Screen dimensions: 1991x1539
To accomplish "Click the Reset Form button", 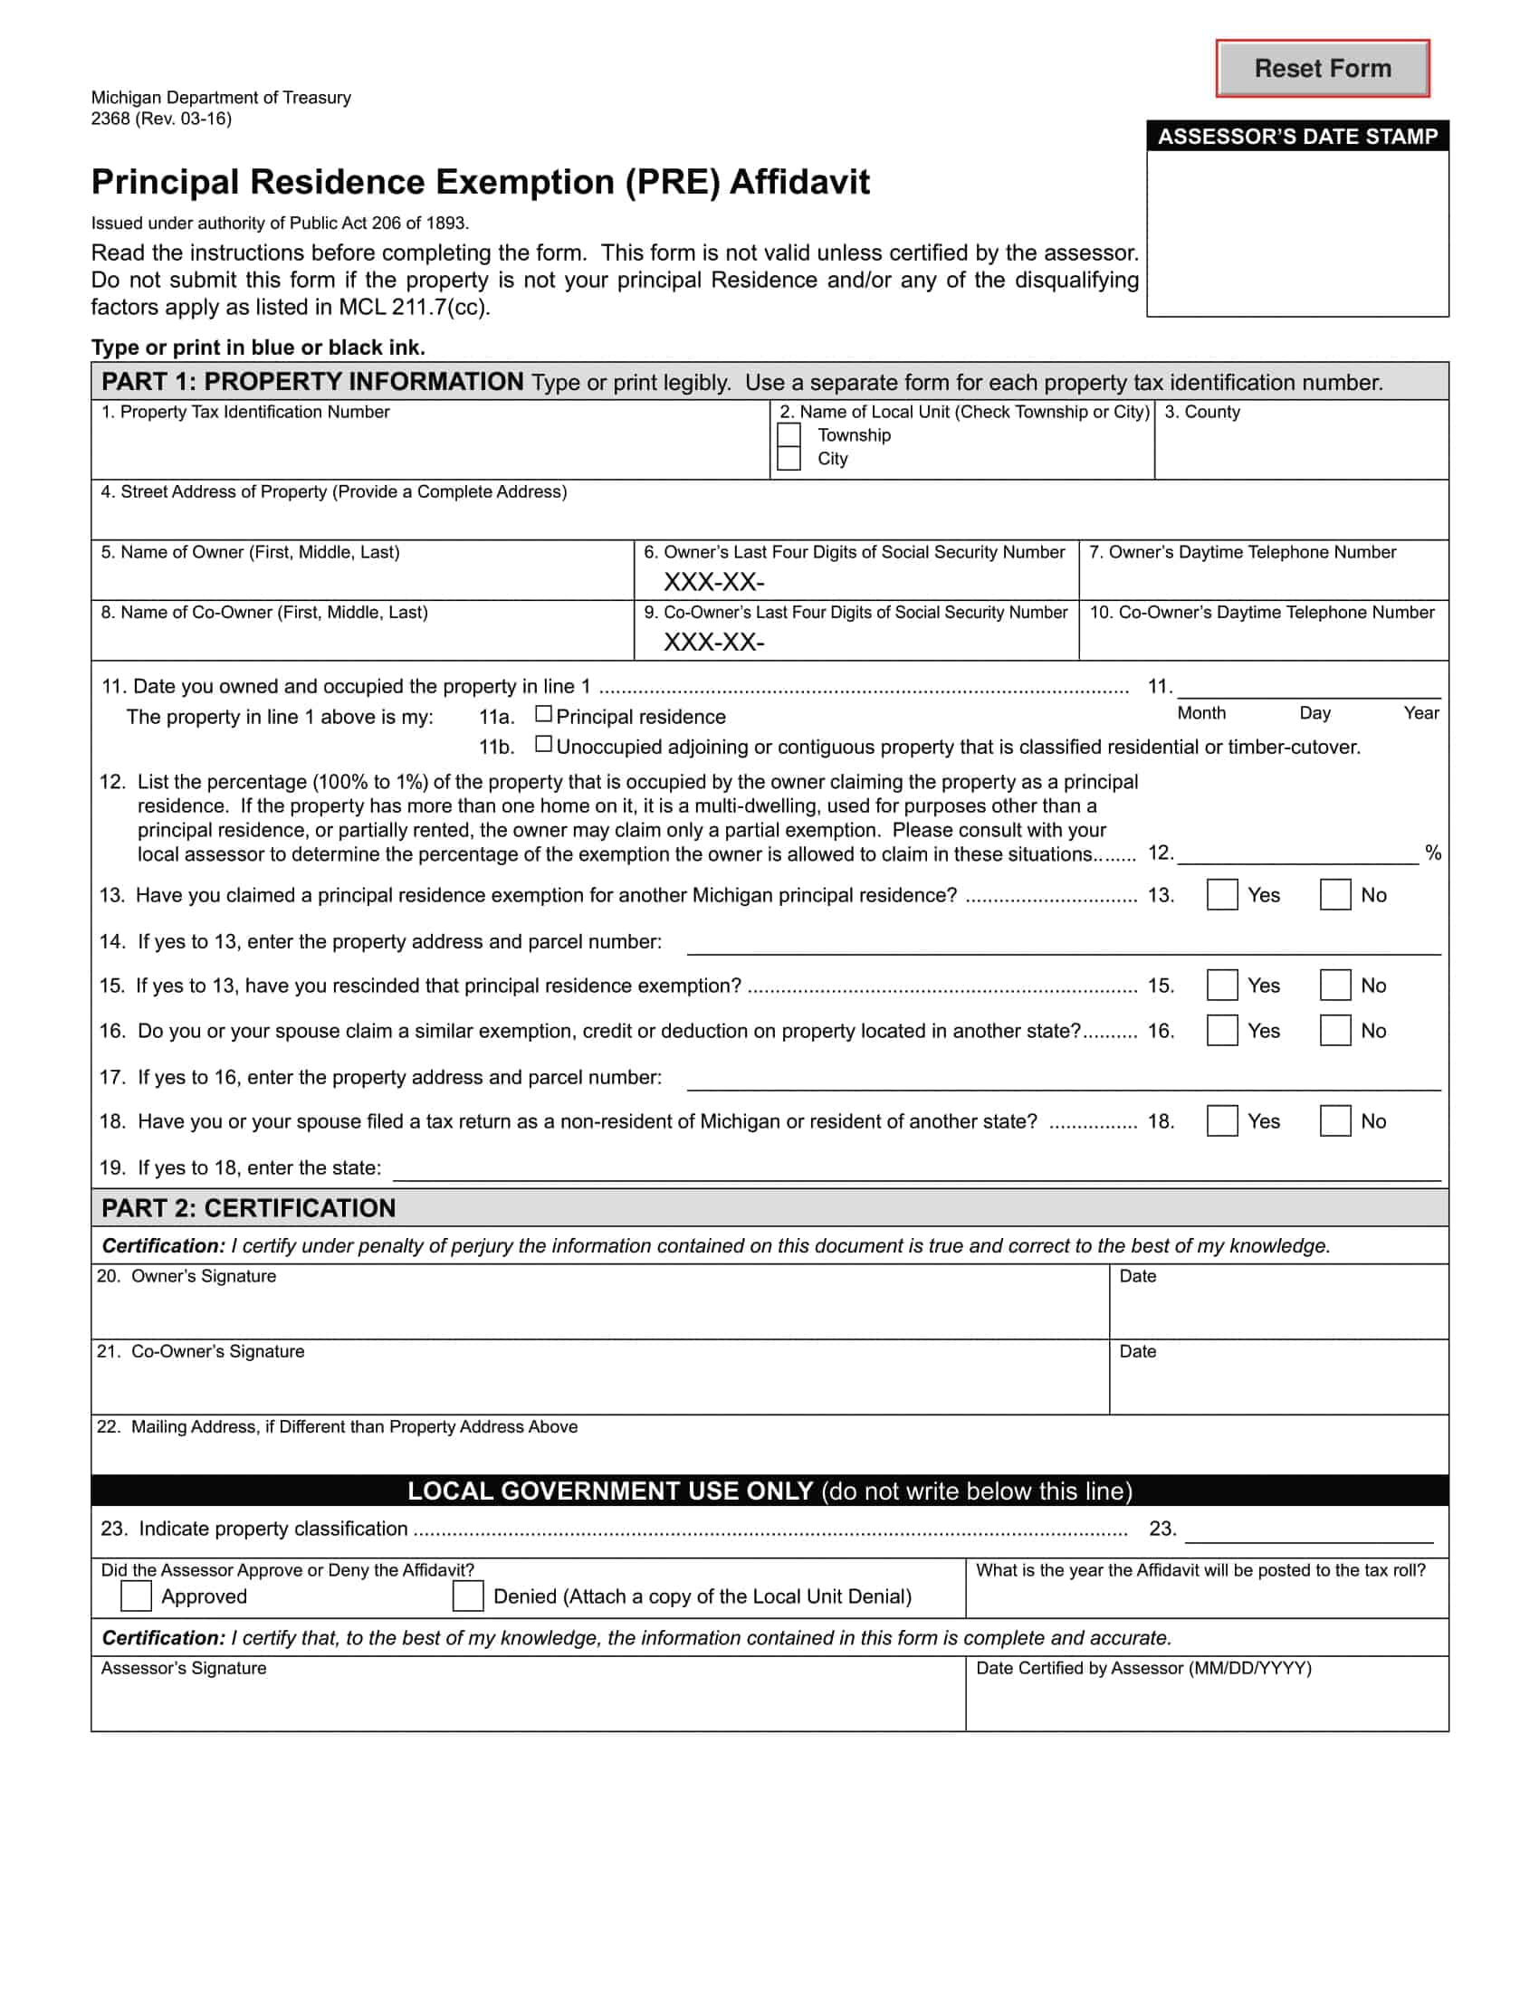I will tap(1321, 69).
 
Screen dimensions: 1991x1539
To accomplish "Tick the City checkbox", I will tap(789, 459).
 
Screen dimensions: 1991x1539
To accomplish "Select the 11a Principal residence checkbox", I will tap(543, 714).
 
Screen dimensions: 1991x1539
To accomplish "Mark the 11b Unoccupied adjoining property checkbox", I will tap(543, 744).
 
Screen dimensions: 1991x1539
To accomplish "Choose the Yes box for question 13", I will tap(1222, 894).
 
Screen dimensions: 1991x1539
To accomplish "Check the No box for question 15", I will tap(1334, 985).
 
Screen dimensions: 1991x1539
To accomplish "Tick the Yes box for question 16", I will tap(1222, 1030).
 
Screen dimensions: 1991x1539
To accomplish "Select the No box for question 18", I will tap(1334, 1120).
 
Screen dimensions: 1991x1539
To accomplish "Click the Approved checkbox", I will tap(136, 1596).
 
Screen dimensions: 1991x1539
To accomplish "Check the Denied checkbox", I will tap(468, 1596).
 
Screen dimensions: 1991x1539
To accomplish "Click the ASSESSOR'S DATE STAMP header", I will tap(1296, 137).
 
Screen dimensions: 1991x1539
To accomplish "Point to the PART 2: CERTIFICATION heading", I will tap(248, 1208).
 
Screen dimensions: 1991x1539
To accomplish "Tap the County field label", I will tap(1202, 412).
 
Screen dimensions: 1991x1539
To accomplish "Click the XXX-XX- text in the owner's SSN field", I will tap(713, 582).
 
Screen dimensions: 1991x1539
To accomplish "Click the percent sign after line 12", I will tap(1432, 853).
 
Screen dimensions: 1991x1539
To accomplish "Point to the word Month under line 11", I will tap(1200, 713).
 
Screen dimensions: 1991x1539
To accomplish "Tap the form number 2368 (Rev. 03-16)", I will tap(160, 119).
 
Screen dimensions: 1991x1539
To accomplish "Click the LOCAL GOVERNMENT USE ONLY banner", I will tap(769, 1491).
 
